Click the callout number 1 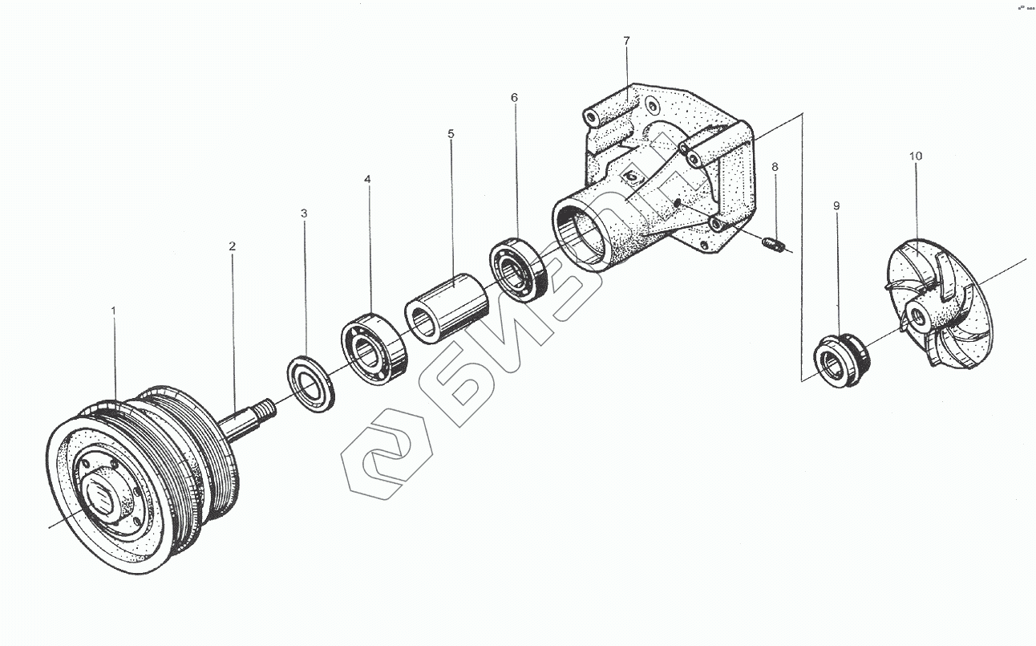click(113, 309)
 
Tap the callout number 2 click(233, 246)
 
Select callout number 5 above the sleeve click(451, 134)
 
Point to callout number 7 click(627, 40)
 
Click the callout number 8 click(775, 167)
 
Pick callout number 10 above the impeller click(916, 155)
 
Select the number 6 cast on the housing click(633, 175)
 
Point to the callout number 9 click(836, 206)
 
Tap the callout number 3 click(304, 213)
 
